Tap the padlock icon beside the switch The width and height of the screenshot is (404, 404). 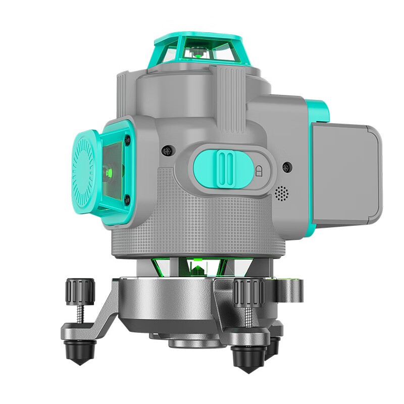[x=260, y=171]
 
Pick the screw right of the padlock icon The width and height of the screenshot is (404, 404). [x=287, y=167]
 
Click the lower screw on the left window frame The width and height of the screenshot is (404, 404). [x=126, y=200]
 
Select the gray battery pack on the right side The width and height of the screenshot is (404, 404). [x=346, y=172]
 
